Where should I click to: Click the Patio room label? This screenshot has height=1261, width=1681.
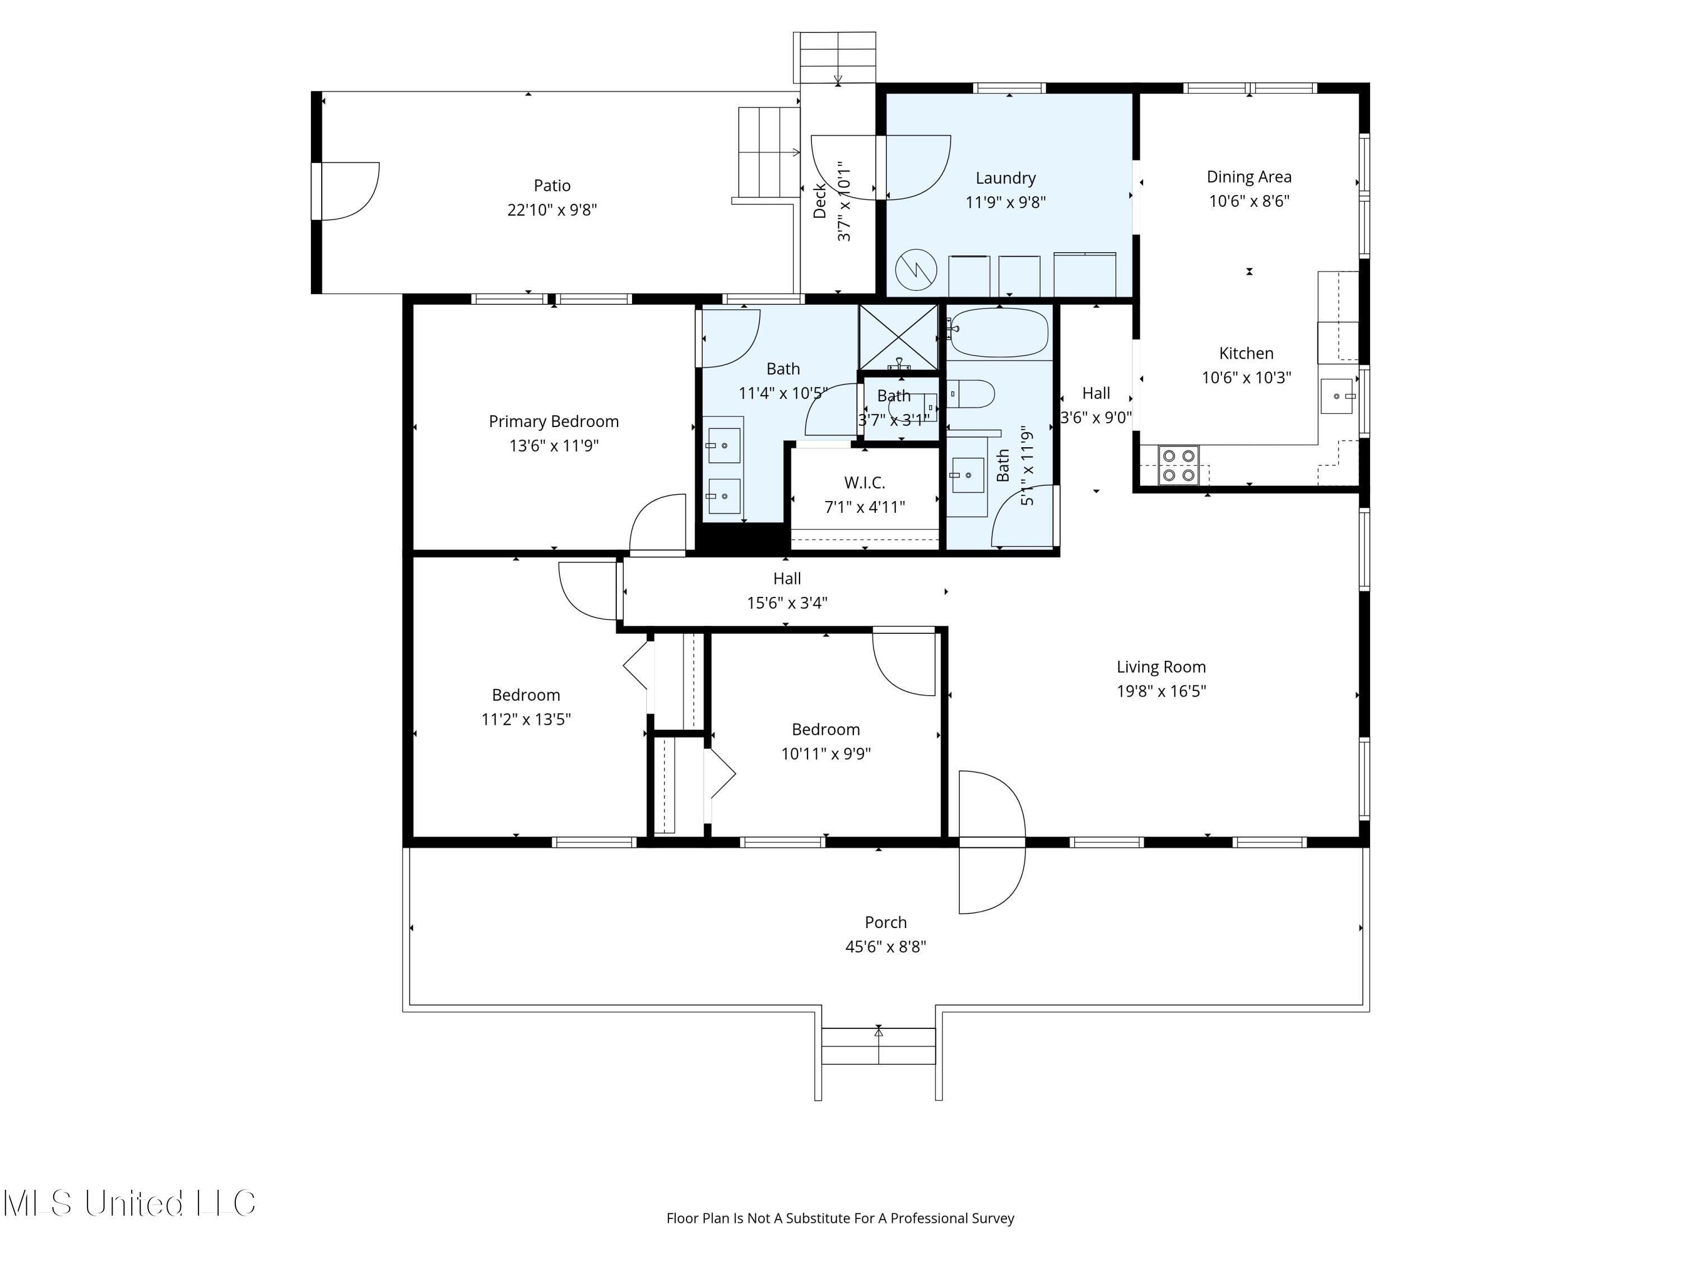[552, 186]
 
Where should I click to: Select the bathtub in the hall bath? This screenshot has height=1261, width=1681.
[999, 332]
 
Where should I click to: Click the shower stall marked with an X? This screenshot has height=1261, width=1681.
[898, 337]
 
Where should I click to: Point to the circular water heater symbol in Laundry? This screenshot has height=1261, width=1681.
[915, 270]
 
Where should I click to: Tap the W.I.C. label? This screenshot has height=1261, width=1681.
[864, 483]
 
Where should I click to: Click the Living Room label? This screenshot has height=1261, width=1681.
[1160, 666]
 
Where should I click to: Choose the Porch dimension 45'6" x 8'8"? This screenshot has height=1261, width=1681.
[885, 947]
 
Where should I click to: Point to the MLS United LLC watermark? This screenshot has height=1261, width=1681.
[129, 1203]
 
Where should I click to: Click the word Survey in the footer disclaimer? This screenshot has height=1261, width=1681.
[993, 1218]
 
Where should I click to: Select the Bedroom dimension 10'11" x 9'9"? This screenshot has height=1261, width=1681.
[825, 753]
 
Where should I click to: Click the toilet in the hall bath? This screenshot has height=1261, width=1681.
[972, 395]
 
